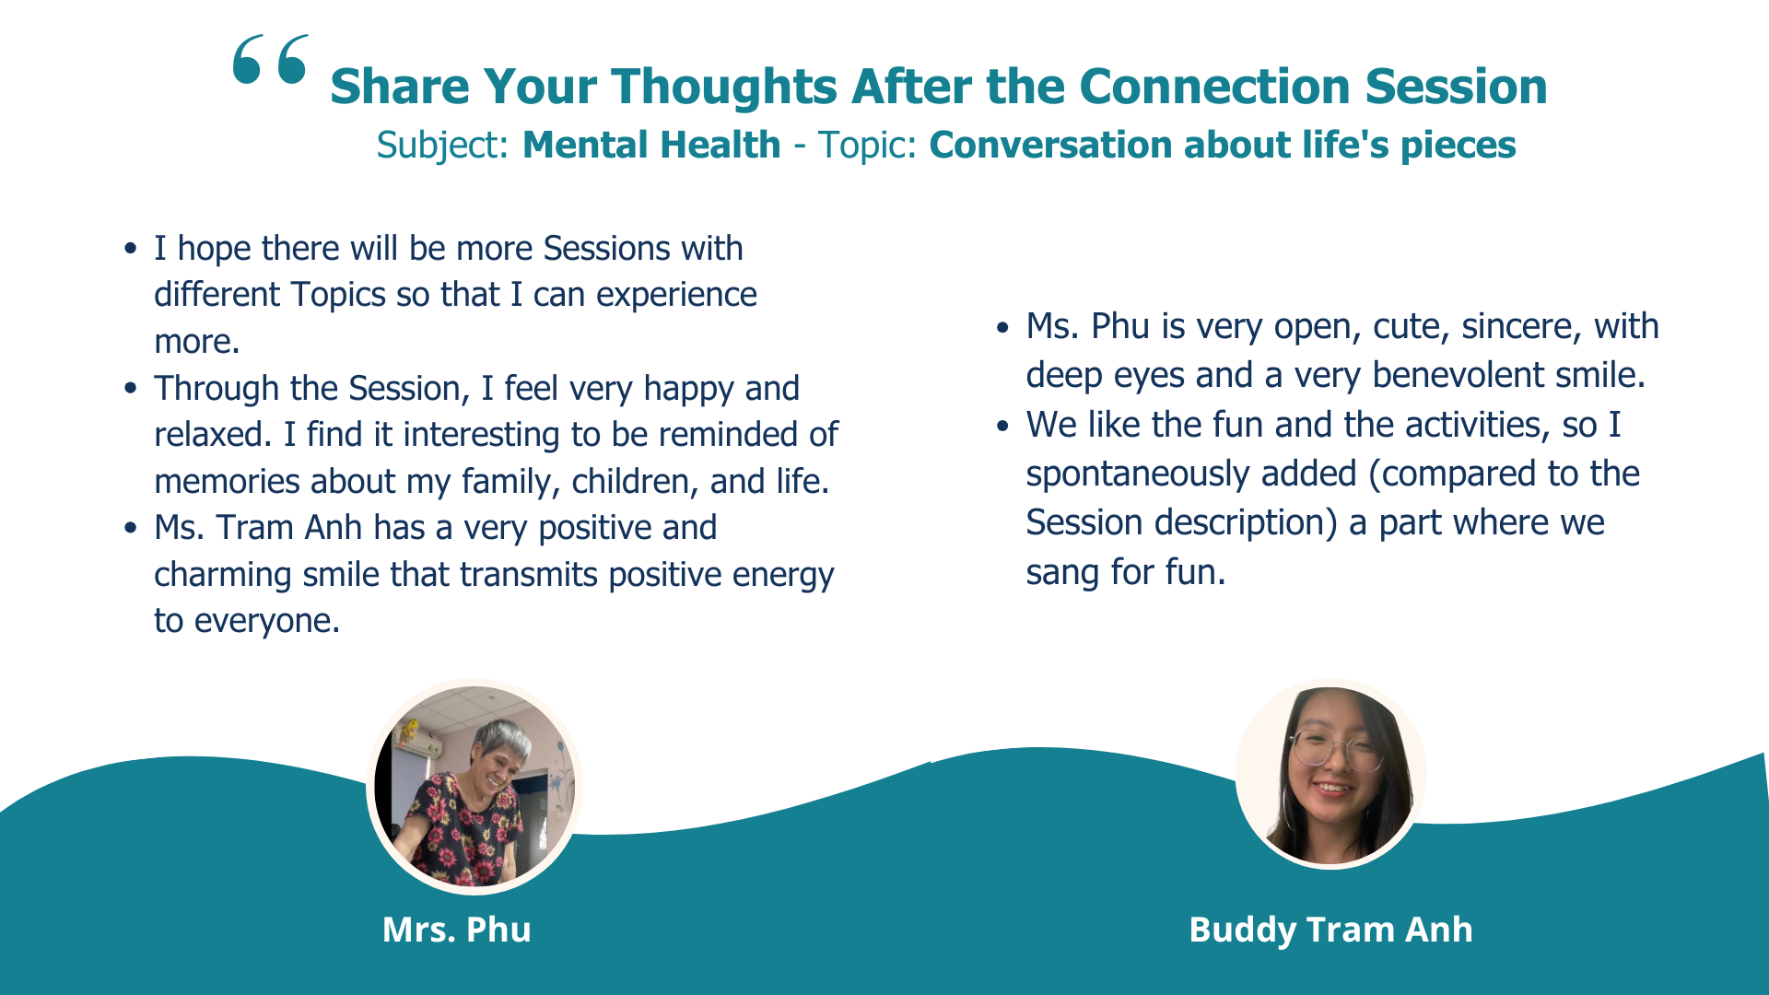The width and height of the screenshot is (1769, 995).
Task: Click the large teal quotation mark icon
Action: click(x=270, y=60)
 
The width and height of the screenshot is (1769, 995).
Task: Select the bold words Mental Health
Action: click(x=651, y=145)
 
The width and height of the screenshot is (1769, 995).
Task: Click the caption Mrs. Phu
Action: click(x=457, y=930)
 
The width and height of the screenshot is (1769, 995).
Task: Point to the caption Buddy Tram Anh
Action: click(x=1330, y=931)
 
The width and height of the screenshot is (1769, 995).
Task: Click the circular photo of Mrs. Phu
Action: click(x=474, y=786)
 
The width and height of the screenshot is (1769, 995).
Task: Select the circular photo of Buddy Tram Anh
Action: click(x=1330, y=774)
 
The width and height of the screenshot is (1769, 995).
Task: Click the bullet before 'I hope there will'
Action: click(x=131, y=249)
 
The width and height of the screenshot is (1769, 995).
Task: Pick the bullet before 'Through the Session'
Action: click(x=131, y=389)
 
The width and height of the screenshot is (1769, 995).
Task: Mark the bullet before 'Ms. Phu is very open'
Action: click(x=1002, y=327)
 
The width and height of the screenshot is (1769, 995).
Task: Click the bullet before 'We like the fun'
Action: click(x=1002, y=426)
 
